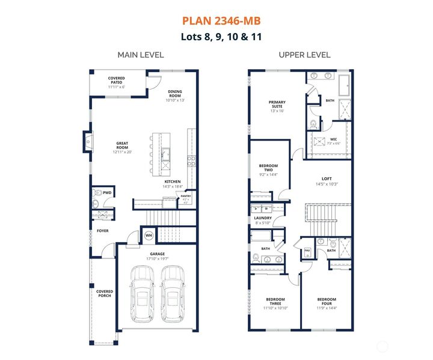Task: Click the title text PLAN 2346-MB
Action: click(x=222, y=21)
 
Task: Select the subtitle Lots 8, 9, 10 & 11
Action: click(x=222, y=36)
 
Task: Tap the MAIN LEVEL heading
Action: click(x=140, y=55)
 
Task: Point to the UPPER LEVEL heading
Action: click(x=304, y=55)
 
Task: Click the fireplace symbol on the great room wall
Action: click(x=88, y=142)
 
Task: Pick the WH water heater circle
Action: click(x=149, y=235)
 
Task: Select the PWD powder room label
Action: click(x=107, y=193)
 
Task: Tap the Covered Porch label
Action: click(x=105, y=293)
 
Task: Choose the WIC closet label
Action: click(x=333, y=141)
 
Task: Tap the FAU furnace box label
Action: click(x=307, y=250)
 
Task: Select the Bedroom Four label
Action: click(x=327, y=302)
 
